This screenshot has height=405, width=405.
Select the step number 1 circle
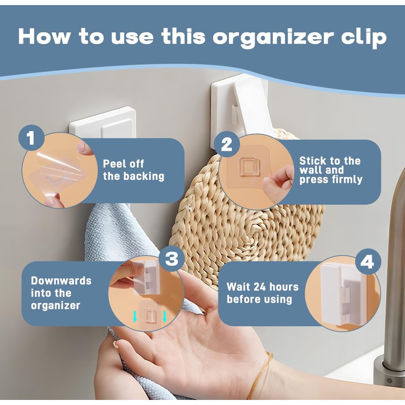coord(31,138)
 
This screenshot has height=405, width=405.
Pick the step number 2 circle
coord(226,144)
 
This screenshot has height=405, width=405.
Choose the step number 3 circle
coord(172,259)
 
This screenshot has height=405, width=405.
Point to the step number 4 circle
coord(368,262)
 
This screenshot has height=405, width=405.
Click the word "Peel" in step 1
coord(112,164)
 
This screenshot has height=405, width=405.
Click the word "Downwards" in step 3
coord(61,281)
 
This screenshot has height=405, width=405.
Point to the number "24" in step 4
coord(261,287)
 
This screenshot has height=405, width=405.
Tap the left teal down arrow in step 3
coord(135,317)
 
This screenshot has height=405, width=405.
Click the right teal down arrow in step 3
coord(165,317)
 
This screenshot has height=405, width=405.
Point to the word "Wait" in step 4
coord(237,287)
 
